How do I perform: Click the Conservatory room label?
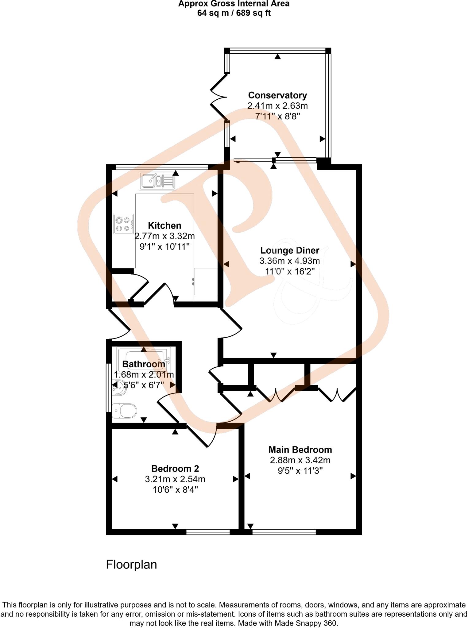point(277,95)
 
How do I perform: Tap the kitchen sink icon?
point(158,181)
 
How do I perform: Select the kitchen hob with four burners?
point(123,224)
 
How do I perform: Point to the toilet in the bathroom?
point(125,411)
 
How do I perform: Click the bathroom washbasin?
point(118,388)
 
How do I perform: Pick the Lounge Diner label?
point(290,251)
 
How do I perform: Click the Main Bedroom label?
point(300,450)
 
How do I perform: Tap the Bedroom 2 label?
point(175,469)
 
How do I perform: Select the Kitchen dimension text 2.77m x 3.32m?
point(164,236)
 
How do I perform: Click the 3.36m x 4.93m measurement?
point(290,261)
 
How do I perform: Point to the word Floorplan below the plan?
point(131,565)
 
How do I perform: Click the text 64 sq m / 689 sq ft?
point(234,13)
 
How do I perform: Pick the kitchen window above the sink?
point(162,167)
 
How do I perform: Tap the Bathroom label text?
point(144,364)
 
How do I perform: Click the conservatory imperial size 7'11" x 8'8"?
point(277,117)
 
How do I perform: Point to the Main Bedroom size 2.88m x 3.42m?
point(300,460)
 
